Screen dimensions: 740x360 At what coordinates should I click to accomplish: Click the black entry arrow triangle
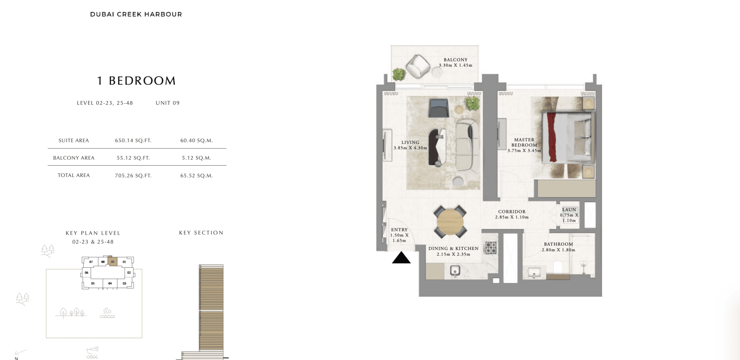click(x=401, y=258)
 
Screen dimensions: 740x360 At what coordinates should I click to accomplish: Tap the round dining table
click(x=450, y=221)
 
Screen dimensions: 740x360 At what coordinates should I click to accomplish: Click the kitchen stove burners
click(x=491, y=248)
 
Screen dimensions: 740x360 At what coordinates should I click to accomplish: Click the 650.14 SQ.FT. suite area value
click(x=133, y=141)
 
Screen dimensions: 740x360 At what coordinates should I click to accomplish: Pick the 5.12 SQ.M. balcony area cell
click(x=197, y=158)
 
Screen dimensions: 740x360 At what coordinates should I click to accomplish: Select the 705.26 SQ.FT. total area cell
click(x=133, y=176)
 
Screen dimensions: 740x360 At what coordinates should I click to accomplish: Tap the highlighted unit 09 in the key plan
click(x=112, y=262)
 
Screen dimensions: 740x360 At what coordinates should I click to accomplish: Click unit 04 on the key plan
click(x=110, y=283)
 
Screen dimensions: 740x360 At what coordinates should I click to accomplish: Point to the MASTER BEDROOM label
click(x=524, y=142)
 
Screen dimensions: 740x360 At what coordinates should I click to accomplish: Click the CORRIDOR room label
click(x=512, y=212)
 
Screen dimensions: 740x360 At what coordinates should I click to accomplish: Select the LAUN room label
click(x=569, y=210)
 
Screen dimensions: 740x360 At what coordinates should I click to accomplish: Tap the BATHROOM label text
click(x=558, y=244)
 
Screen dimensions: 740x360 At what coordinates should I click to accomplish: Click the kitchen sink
click(x=455, y=271)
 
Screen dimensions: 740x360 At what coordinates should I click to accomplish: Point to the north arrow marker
click(x=20, y=353)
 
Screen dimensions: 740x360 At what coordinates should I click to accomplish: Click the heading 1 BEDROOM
click(x=136, y=81)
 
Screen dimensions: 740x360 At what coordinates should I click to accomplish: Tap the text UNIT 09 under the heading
click(x=168, y=103)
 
